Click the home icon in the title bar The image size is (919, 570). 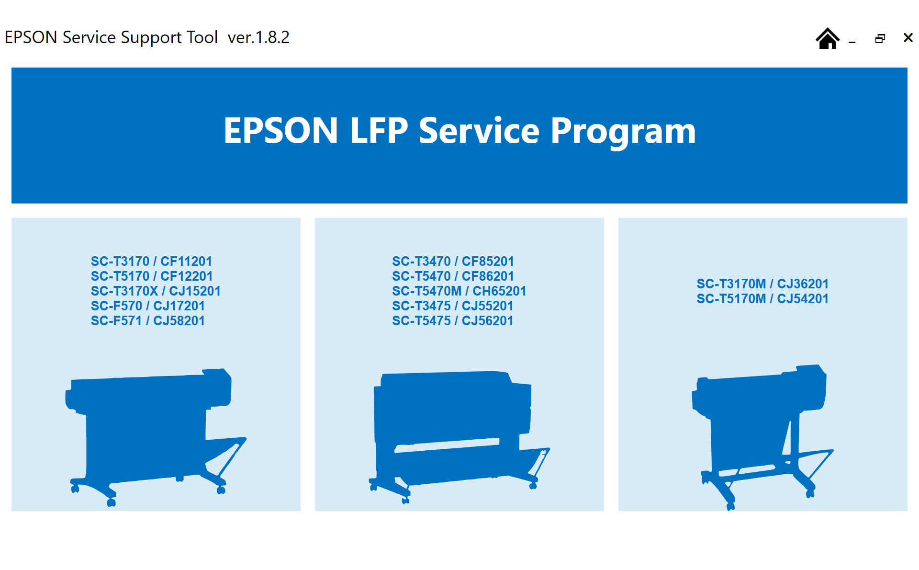coord(828,38)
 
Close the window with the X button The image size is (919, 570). coord(908,38)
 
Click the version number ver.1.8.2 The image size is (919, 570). coord(258,37)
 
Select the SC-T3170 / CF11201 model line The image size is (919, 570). coord(151,261)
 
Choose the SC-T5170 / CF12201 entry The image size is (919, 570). coord(152,276)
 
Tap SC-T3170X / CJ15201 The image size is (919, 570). coord(156,291)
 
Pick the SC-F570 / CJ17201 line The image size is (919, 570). coord(148,306)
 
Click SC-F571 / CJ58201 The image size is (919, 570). coord(148,320)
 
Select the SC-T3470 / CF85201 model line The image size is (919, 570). coord(453,261)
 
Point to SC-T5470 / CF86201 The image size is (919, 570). coord(453,276)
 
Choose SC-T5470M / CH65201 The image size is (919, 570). coord(459,291)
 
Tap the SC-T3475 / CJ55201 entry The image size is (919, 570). coord(453,306)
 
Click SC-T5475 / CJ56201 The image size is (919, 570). coord(453,320)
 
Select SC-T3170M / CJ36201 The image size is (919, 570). coord(762,284)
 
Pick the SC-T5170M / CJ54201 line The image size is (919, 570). coord(762,298)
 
